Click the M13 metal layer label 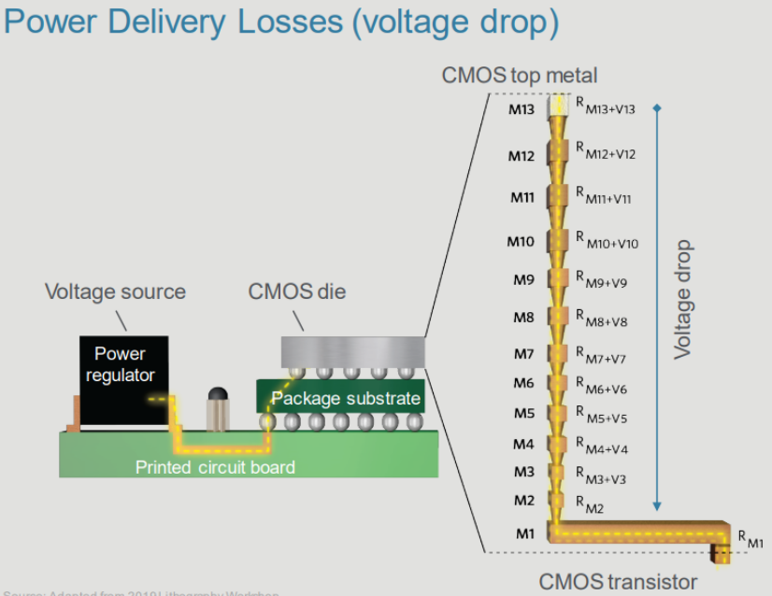click(522, 110)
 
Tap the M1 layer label click(523, 534)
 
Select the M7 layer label click(523, 354)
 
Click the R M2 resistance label click(592, 505)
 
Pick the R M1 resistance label click(751, 538)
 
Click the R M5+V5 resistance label click(601, 416)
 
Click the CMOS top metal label click(519, 75)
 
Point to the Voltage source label click(115, 291)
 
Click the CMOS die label click(296, 291)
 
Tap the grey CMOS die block click(352, 351)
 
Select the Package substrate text click(346, 400)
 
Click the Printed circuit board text click(215, 467)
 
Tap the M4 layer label click(523, 444)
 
